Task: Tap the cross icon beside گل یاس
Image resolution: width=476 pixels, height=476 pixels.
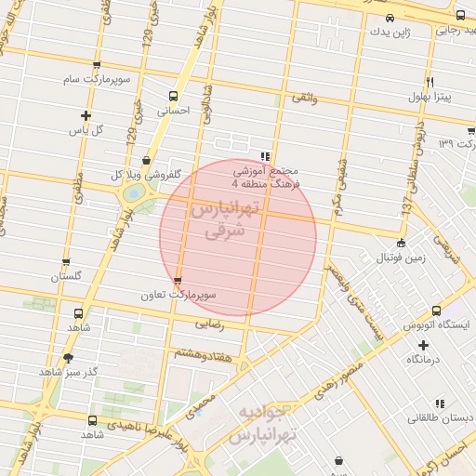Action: pos(86,116)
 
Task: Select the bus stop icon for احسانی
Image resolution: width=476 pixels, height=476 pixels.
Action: pos(174,96)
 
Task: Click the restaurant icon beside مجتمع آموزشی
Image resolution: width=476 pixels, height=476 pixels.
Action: pos(266,157)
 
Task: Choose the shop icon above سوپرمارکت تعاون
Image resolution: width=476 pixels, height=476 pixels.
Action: pos(178,281)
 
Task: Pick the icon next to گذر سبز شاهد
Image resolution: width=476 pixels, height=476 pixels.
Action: pos(68,358)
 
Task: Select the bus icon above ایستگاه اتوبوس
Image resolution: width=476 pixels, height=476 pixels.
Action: pos(436,312)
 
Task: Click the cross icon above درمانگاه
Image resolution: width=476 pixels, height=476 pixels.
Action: pos(423,345)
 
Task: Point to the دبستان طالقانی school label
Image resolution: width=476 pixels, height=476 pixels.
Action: pos(440,419)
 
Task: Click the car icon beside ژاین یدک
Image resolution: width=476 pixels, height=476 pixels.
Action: pos(390,18)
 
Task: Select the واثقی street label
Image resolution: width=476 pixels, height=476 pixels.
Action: pos(304,98)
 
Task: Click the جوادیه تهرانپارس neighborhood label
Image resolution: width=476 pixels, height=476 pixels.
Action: pos(280,423)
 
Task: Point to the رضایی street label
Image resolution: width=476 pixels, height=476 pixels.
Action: pos(209,324)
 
